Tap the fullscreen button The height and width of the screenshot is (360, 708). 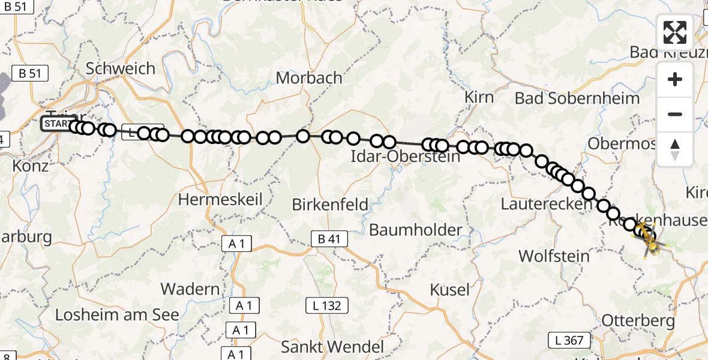click(x=675, y=32)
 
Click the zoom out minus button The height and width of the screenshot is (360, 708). click(x=675, y=114)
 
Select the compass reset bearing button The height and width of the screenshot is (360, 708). click(x=675, y=149)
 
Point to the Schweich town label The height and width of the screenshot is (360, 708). click(x=121, y=68)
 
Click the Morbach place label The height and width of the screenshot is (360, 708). click(x=309, y=78)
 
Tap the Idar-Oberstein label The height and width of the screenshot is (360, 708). click(x=406, y=157)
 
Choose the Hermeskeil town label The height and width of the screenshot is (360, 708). click(x=221, y=199)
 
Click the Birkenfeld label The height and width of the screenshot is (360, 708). click(x=330, y=204)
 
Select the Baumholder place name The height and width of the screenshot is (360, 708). click(x=416, y=230)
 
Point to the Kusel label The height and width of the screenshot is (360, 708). click(x=450, y=290)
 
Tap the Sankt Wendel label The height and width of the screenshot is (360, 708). click(x=332, y=347)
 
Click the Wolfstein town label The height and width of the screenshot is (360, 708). click(x=554, y=256)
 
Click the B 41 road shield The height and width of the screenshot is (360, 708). click(x=329, y=239)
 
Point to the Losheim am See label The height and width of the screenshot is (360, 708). click(x=117, y=315)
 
